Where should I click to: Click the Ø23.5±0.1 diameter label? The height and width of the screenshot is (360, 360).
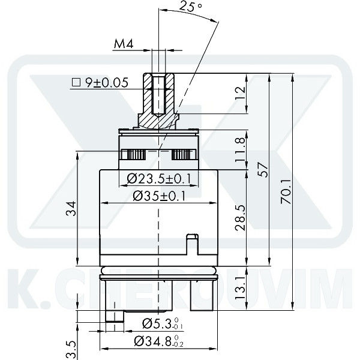[x=159, y=178]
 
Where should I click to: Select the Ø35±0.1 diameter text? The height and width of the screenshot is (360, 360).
[x=159, y=196]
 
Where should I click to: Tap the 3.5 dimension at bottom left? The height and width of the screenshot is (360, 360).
[x=70, y=348]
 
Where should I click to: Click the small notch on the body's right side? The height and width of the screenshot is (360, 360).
[x=192, y=243]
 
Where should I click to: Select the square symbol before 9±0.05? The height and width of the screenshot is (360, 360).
[x=76, y=83]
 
